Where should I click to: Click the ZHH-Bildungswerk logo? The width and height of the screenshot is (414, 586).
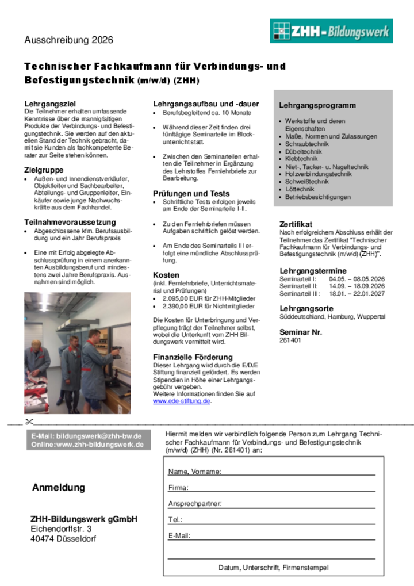pyautogui.click(x=331, y=31)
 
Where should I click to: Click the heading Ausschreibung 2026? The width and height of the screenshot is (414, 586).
pyautogui.click(x=68, y=40)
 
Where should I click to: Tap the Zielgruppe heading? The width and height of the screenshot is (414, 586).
pyautogui.click(x=44, y=170)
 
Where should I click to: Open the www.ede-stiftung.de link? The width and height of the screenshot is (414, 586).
pyautogui.click(x=181, y=401)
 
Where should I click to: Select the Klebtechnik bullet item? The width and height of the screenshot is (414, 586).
pyautogui.click(x=301, y=159)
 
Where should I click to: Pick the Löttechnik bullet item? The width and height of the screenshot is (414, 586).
pyautogui.click(x=300, y=189)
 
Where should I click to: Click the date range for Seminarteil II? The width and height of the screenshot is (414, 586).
pyautogui.click(x=356, y=286)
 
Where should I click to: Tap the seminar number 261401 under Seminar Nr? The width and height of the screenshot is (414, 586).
pyautogui.click(x=290, y=340)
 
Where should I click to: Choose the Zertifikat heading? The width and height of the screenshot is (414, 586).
pyautogui.click(x=296, y=224)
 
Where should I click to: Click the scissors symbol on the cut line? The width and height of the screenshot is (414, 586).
pyautogui.click(x=29, y=423)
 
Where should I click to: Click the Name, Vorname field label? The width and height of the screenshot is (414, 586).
pyautogui.click(x=194, y=472)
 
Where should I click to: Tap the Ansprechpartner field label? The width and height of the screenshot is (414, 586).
pyautogui.click(x=195, y=504)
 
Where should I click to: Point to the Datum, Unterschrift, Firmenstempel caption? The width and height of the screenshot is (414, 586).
pyautogui.click(x=274, y=568)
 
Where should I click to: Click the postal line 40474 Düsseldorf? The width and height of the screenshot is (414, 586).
pyautogui.click(x=63, y=539)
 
